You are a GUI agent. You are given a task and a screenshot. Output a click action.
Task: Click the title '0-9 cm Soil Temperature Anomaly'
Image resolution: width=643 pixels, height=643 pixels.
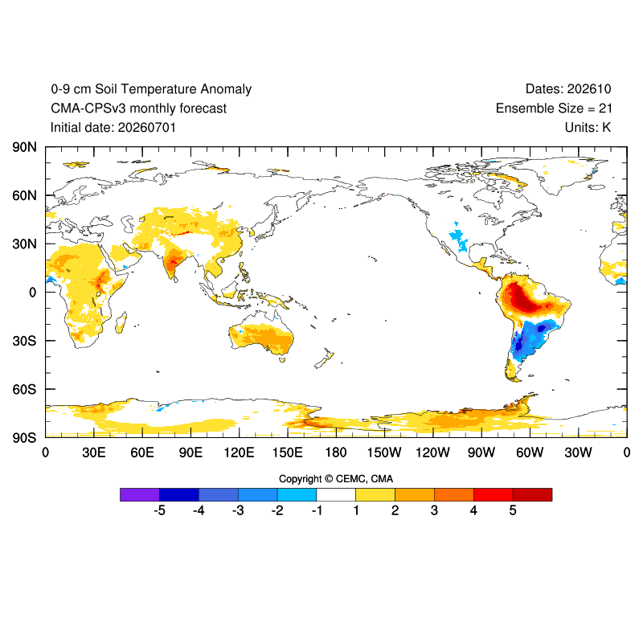click(151, 89)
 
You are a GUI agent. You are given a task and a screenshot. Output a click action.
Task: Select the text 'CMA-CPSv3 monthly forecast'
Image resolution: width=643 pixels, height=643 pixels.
click(138, 109)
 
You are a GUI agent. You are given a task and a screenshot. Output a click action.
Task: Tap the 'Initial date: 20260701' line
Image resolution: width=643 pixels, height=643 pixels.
click(113, 128)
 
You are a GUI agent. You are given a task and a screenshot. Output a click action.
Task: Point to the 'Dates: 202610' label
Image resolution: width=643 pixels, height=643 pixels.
click(568, 89)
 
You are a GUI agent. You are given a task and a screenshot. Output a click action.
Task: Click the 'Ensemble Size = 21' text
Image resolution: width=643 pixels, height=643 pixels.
click(554, 109)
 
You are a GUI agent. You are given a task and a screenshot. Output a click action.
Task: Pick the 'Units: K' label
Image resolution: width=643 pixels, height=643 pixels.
click(588, 128)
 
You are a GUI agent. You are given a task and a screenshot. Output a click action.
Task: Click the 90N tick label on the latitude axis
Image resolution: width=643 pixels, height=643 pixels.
click(24, 147)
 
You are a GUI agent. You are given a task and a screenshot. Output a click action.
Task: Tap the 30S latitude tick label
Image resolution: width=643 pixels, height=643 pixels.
click(24, 341)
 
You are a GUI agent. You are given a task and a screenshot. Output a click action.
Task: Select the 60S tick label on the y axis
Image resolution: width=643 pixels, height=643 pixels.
click(24, 389)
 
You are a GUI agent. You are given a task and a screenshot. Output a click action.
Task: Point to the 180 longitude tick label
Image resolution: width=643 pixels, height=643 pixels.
click(336, 453)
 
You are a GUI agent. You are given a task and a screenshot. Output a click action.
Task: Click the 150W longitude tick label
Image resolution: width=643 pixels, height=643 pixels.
click(384, 453)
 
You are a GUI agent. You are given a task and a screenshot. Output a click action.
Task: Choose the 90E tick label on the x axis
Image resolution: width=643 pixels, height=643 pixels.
click(190, 453)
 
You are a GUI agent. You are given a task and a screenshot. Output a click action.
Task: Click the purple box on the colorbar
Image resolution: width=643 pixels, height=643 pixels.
click(140, 494)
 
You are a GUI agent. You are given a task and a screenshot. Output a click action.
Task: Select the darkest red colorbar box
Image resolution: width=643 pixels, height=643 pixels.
click(532, 494)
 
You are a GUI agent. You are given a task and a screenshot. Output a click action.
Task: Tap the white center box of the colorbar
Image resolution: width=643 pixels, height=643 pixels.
click(336, 494)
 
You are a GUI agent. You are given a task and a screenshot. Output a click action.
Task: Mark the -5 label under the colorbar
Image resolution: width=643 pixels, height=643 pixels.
click(159, 510)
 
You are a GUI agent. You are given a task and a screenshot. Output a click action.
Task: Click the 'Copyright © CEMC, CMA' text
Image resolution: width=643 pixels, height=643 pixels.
click(336, 479)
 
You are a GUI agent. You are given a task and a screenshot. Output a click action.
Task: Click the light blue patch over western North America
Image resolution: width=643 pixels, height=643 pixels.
click(459, 240)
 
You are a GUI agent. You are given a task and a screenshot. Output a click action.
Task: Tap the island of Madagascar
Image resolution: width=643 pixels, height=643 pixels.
click(121, 322)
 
